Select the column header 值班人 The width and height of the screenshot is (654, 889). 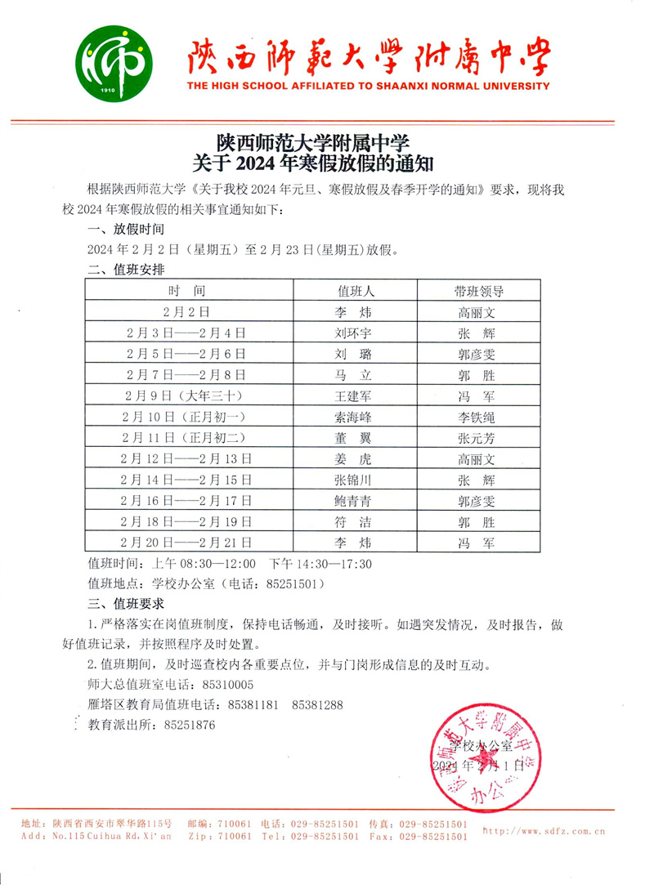[x=356, y=291]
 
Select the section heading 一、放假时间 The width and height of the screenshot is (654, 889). [x=127, y=230]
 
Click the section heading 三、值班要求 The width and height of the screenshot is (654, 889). [x=127, y=605]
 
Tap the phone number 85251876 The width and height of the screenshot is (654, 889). [x=190, y=725]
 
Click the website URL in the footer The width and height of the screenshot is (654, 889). [x=544, y=831]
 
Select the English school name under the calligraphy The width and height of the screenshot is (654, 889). [x=368, y=86]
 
